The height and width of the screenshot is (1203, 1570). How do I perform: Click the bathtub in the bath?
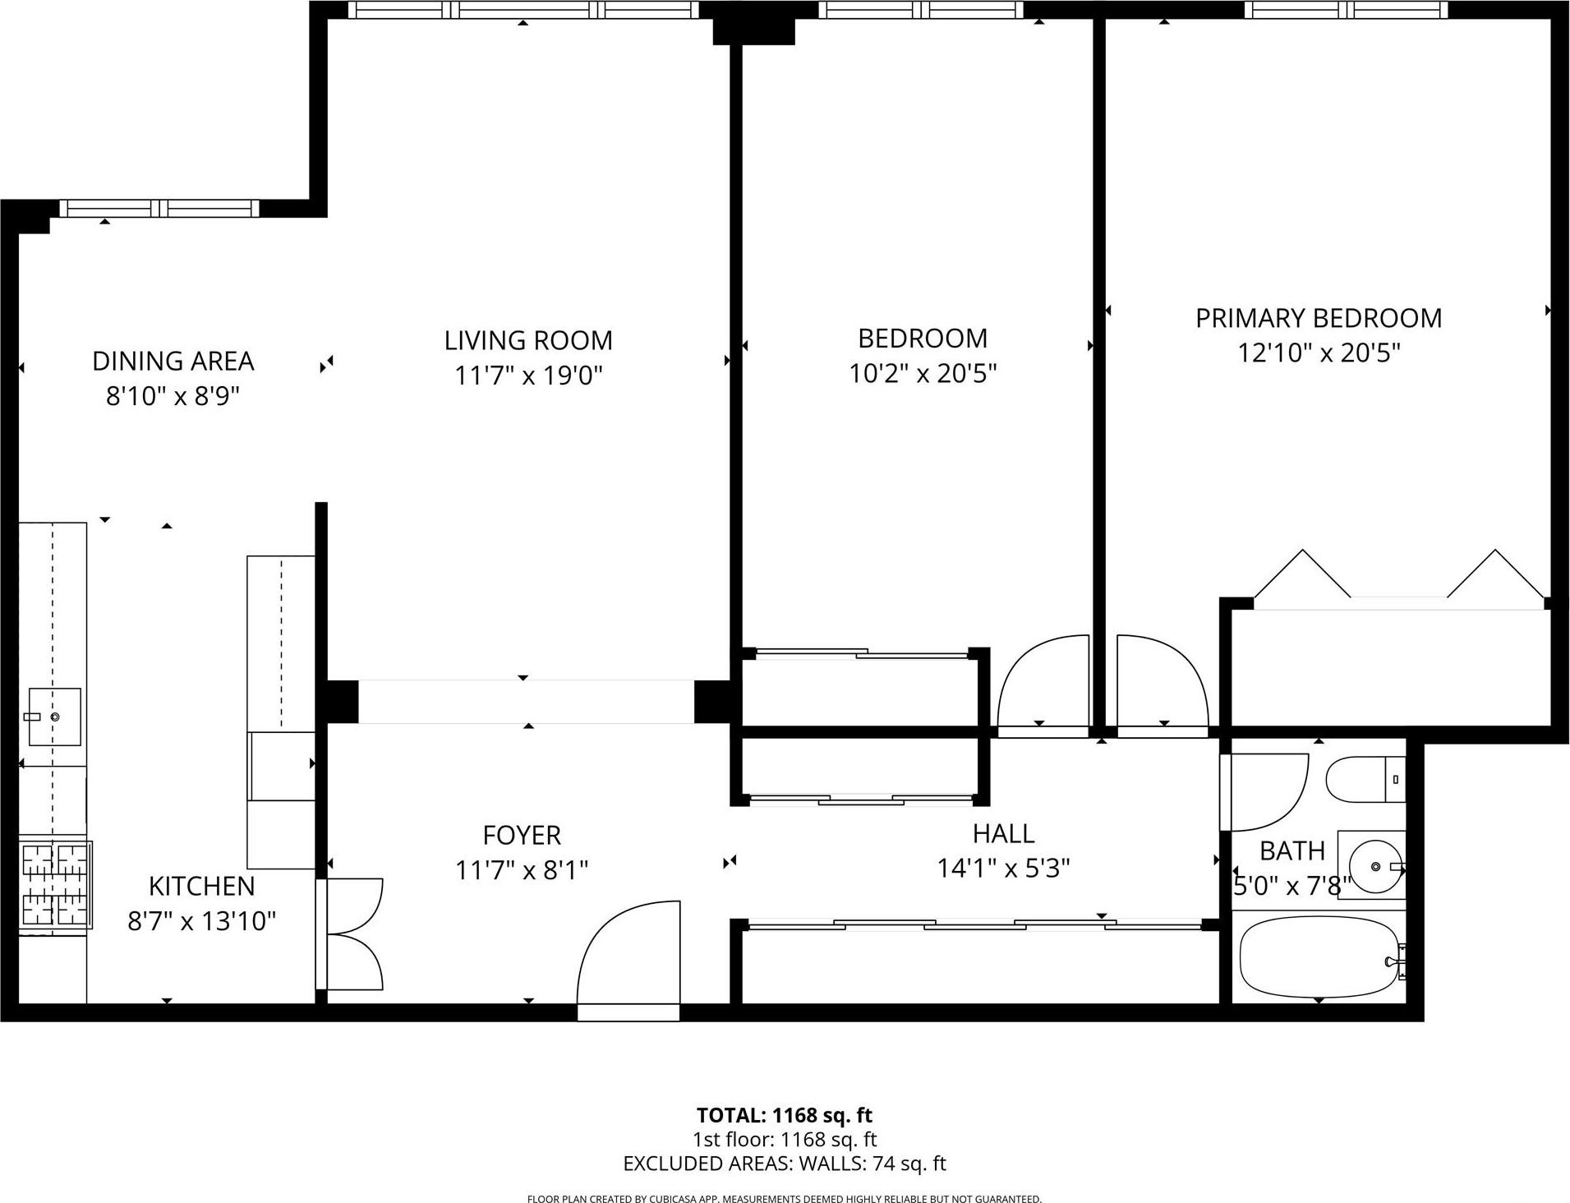(x=1317, y=957)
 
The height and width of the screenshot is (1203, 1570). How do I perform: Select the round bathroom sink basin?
(x=1374, y=866)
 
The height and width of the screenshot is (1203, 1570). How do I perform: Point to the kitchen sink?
(x=54, y=717)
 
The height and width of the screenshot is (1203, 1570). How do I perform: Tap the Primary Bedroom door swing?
(x=1161, y=682)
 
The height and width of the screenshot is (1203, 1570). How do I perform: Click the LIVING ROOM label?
(x=528, y=340)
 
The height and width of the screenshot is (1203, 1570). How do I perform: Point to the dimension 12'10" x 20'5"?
(x=1318, y=353)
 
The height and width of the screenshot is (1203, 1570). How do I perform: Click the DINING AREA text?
(x=173, y=361)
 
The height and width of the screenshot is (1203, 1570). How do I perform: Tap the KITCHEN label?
(x=201, y=886)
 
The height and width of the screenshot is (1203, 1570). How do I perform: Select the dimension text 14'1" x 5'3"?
(x=1003, y=869)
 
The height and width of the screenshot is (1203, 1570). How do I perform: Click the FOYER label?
(x=522, y=835)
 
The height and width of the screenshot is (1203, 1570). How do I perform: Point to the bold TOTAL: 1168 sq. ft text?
(x=784, y=1115)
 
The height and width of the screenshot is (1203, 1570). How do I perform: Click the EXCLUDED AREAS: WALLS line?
(x=784, y=1164)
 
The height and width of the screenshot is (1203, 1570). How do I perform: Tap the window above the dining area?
(x=159, y=209)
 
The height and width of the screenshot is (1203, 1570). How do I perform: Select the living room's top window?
(x=523, y=10)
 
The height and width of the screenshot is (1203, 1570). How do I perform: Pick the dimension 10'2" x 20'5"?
(x=922, y=374)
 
